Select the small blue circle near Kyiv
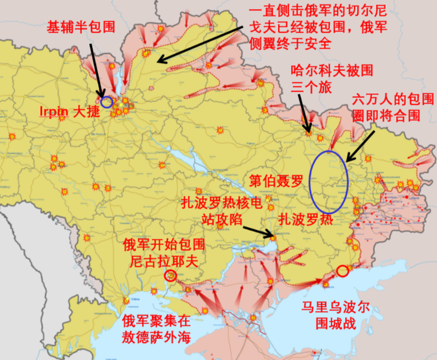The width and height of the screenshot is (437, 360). point(106,102)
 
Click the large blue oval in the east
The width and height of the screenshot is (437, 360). point(328,181)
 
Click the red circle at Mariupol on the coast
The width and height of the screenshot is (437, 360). point(342,270)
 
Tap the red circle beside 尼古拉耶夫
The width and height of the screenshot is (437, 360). point(170,276)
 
